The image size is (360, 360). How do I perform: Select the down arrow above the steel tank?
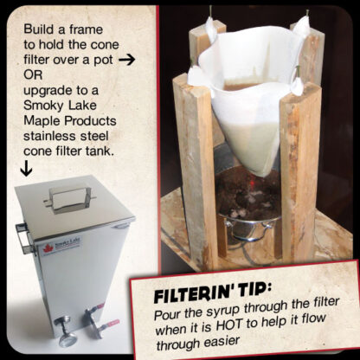pos(25,169)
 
